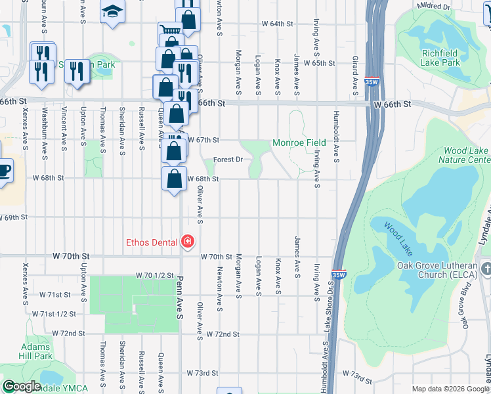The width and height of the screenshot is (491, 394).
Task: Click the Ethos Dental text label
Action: [x=152, y=242]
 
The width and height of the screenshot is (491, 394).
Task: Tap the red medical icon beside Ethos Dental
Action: [x=188, y=242]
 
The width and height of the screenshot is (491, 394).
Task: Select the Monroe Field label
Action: [x=299, y=142]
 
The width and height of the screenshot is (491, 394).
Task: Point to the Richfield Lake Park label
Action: [x=450, y=58]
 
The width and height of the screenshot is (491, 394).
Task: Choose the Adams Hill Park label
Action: [x=35, y=351]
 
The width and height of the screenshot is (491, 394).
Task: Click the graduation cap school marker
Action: [x=113, y=11]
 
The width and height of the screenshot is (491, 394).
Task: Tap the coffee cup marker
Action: [x=4, y=170]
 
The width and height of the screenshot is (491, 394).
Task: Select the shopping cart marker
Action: [x=169, y=31]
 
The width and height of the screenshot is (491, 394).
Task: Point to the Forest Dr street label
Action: [x=229, y=159]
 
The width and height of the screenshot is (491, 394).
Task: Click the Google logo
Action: [x=22, y=386]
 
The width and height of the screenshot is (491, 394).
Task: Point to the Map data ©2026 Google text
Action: [x=450, y=389]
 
